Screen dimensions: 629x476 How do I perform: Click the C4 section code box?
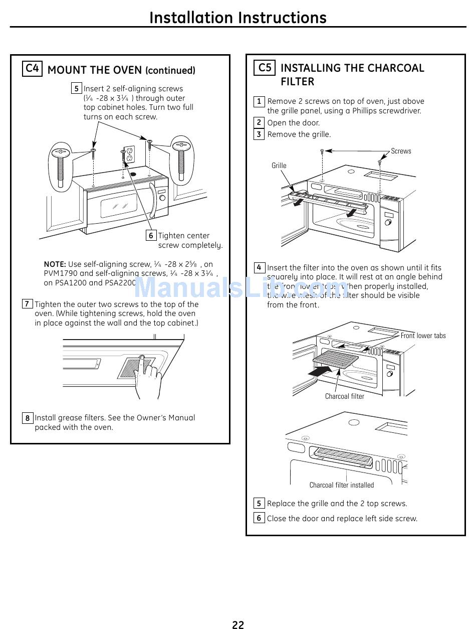point(33,69)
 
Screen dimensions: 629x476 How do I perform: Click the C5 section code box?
point(264,67)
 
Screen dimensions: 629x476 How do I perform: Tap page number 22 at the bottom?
point(238,624)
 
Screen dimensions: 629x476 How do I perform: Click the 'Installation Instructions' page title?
point(238,18)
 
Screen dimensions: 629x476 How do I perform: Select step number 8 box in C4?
point(28,418)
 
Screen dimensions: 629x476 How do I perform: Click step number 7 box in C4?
point(28,304)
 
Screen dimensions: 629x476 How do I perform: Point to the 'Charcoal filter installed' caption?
point(341,485)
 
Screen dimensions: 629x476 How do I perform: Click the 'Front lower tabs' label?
point(423,336)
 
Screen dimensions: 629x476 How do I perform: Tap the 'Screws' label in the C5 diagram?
point(401,151)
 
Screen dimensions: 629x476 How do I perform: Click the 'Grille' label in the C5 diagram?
point(279,166)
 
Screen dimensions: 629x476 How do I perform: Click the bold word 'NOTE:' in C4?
point(55,264)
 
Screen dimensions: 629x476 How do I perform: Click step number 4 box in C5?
point(259,267)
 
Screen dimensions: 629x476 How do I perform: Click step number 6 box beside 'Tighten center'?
point(151,235)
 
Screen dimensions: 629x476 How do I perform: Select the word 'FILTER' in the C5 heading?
point(297,82)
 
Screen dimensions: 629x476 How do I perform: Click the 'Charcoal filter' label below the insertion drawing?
point(344,396)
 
